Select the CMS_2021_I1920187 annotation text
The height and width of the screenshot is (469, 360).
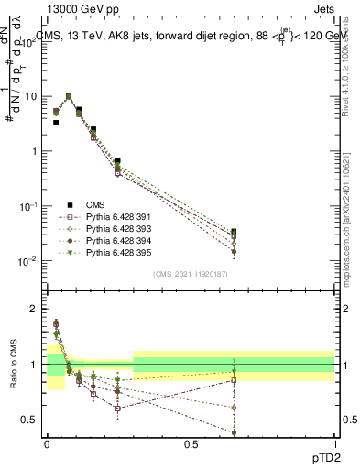(191, 274)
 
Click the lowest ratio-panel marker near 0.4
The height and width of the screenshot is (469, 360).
(234, 432)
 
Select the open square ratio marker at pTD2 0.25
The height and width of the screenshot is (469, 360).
(118, 409)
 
